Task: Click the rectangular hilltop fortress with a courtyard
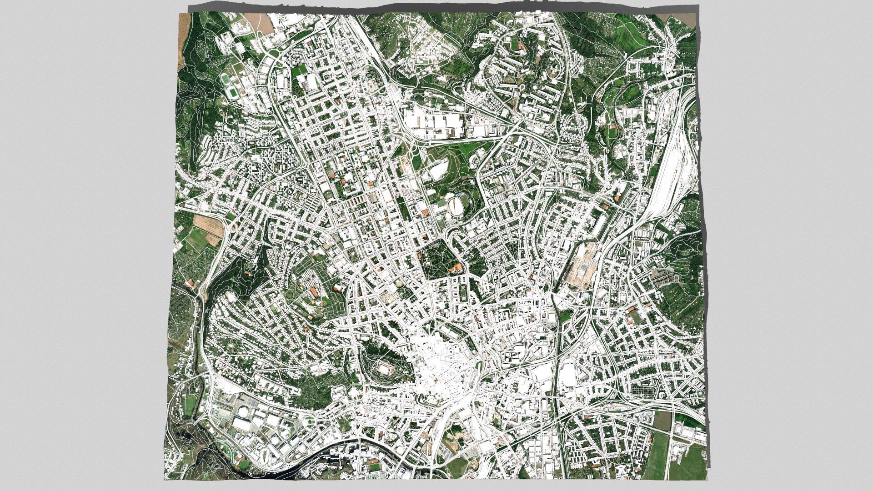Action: (385, 367)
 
